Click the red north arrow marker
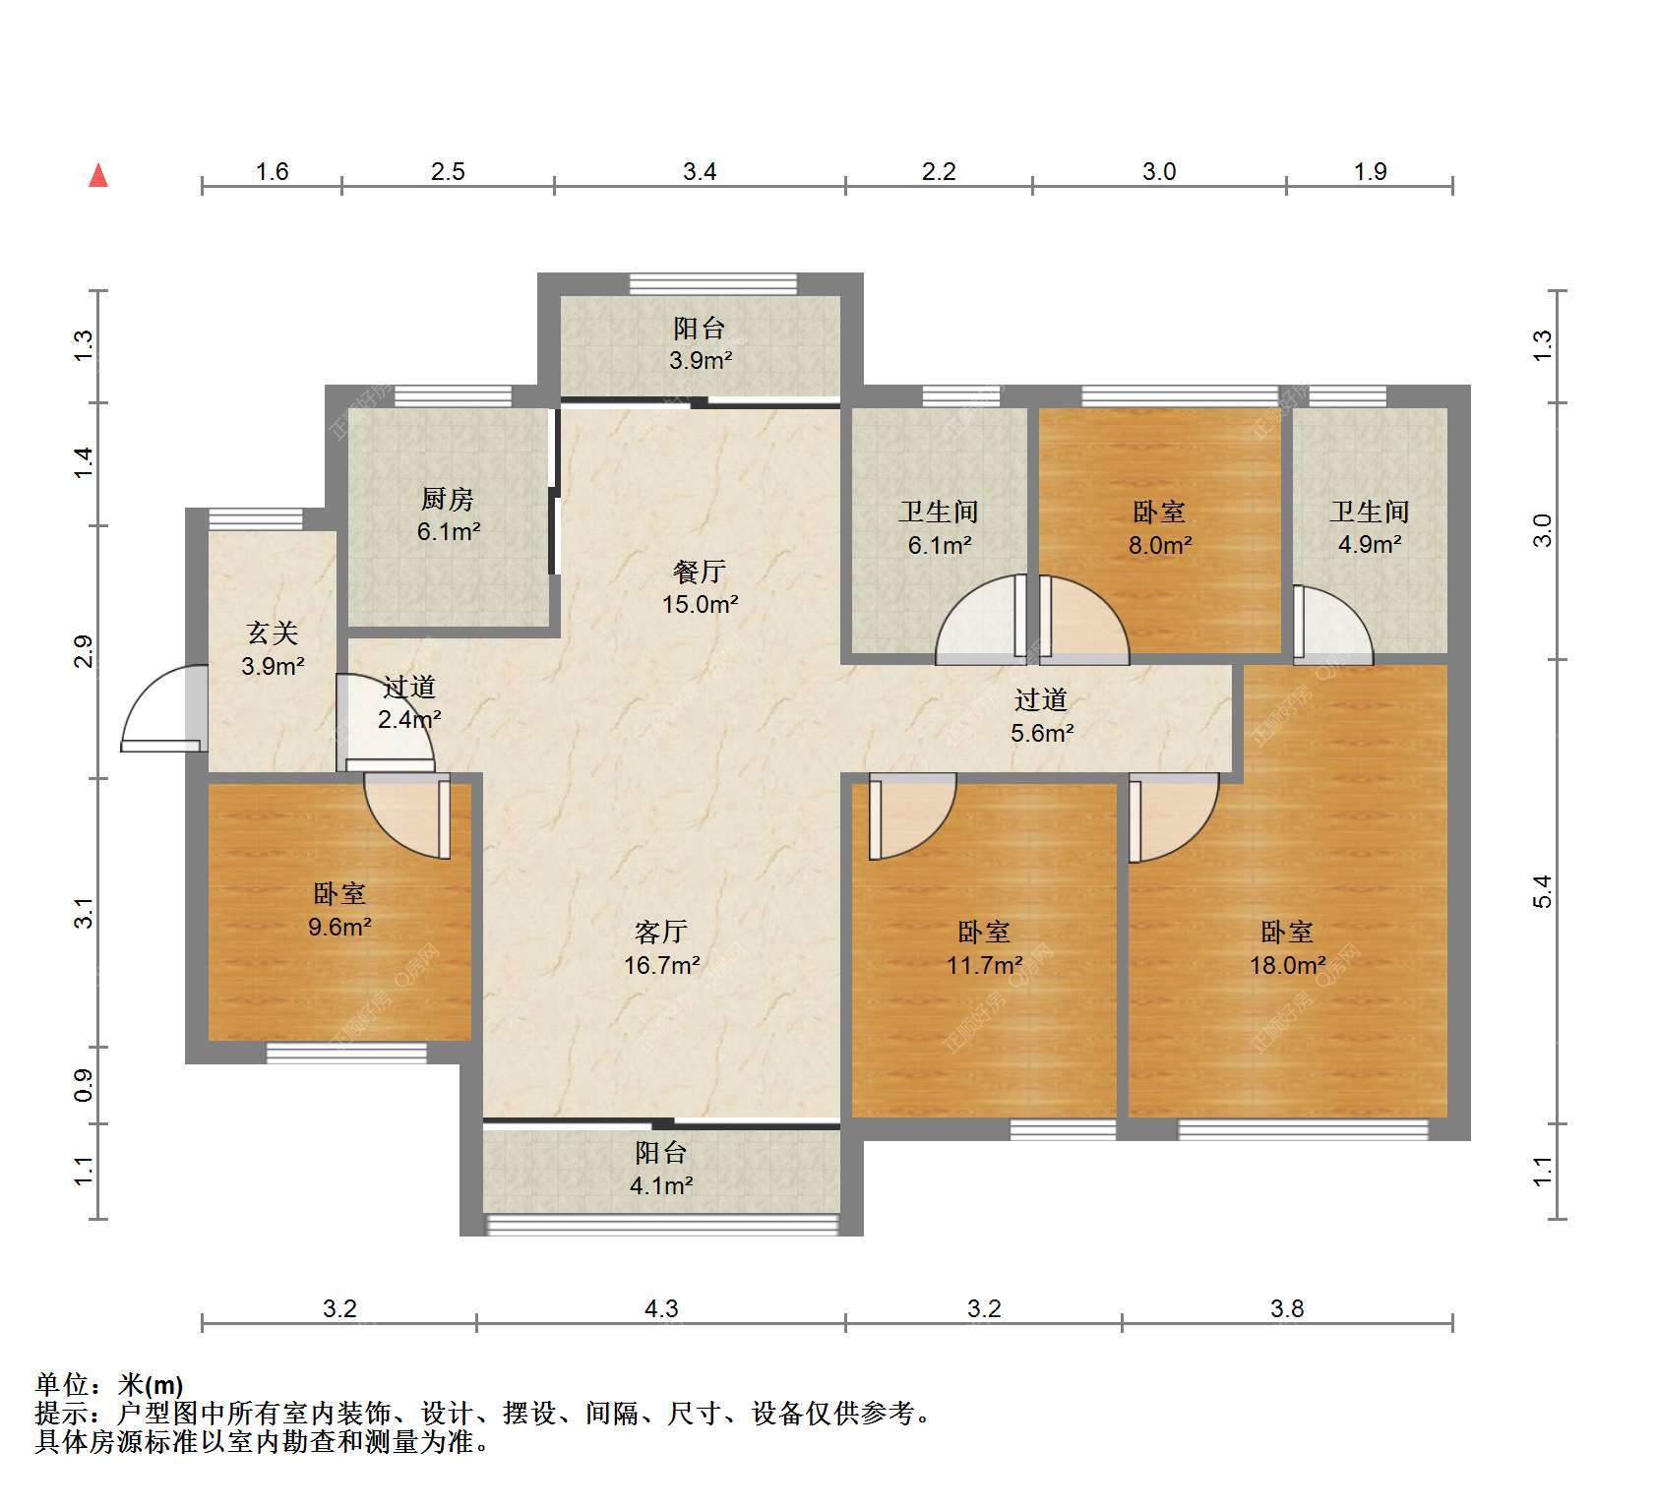tap(98, 175)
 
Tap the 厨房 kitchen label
tap(448, 499)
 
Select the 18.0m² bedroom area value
tap(1287, 965)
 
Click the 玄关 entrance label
tap(273, 634)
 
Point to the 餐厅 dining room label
tap(700, 572)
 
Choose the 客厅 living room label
tap(661, 932)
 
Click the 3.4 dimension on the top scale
tap(700, 172)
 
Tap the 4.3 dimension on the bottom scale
tap(661, 1308)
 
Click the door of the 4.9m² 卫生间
tap(1332, 623)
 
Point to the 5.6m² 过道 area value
tap(1042, 733)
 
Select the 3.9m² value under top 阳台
tap(701, 360)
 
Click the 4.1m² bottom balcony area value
tap(661, 1185)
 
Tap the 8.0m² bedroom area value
tap(1160, 545)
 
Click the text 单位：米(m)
tap(108, 1385)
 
